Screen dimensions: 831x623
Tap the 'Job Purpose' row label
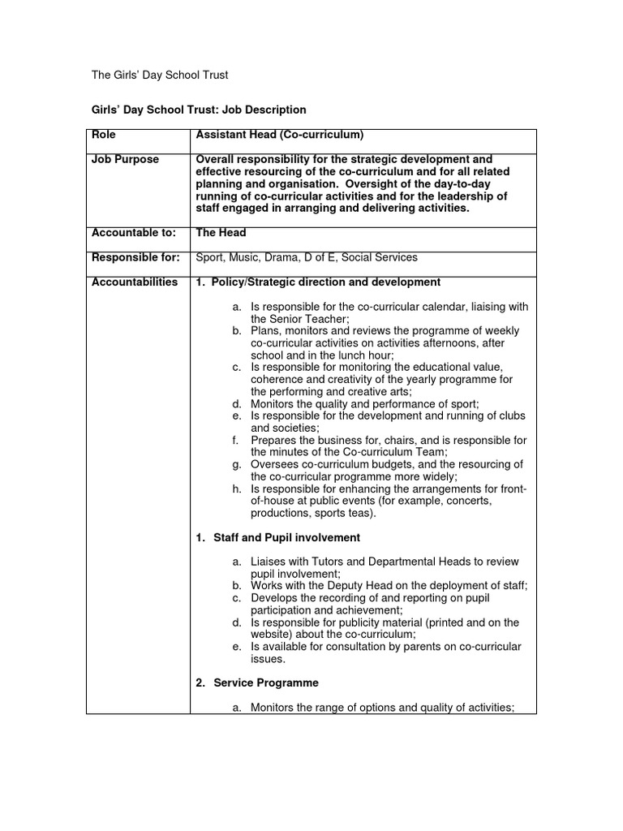click(x=125, y=160)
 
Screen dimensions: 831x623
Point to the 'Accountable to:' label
click(x=133, y=232)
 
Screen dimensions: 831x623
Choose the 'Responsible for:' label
click(x=135, y=257)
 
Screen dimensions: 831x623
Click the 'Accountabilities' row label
click(x=135, y=282)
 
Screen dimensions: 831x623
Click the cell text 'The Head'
click(x=221, y=232)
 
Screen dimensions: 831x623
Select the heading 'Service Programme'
click(x=266, y=682)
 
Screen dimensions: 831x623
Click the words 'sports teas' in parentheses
click(x=344, y=514)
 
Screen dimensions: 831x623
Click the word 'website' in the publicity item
click(x=269, y=635)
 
